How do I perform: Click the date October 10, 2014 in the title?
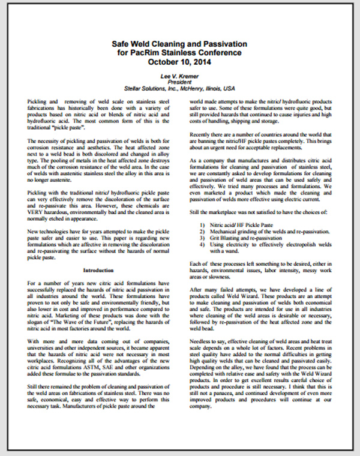(180, 62)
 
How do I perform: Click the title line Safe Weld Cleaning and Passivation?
(180, 44)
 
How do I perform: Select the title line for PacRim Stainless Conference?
(180, 53)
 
